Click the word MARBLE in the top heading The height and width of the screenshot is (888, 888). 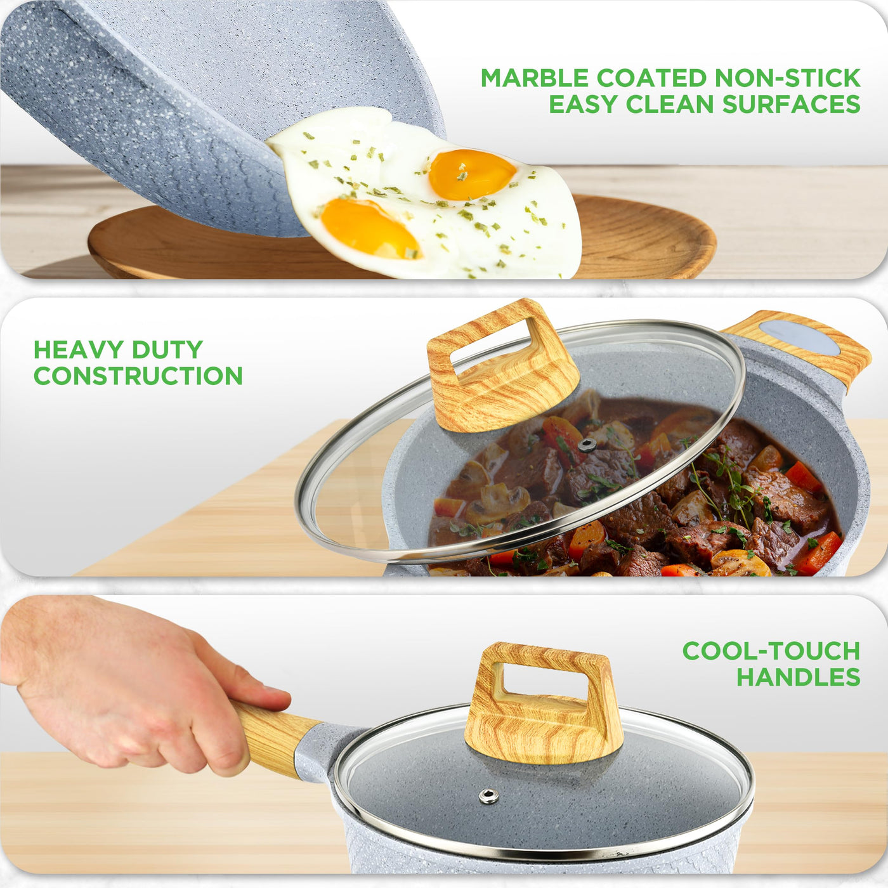point(535,78)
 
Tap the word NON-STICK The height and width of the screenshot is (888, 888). point(788,78)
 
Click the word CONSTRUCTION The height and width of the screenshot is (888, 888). point(138,376)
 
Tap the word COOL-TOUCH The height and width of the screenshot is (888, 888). point(771,651)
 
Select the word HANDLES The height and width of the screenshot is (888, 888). point(798,677)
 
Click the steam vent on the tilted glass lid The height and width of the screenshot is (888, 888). point(587,445)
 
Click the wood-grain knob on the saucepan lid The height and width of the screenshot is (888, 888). point(544,707)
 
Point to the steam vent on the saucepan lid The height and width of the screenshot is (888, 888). point(488,796)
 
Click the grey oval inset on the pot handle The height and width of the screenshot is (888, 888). point(799,338)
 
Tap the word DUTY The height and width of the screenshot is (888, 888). point(167,349)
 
